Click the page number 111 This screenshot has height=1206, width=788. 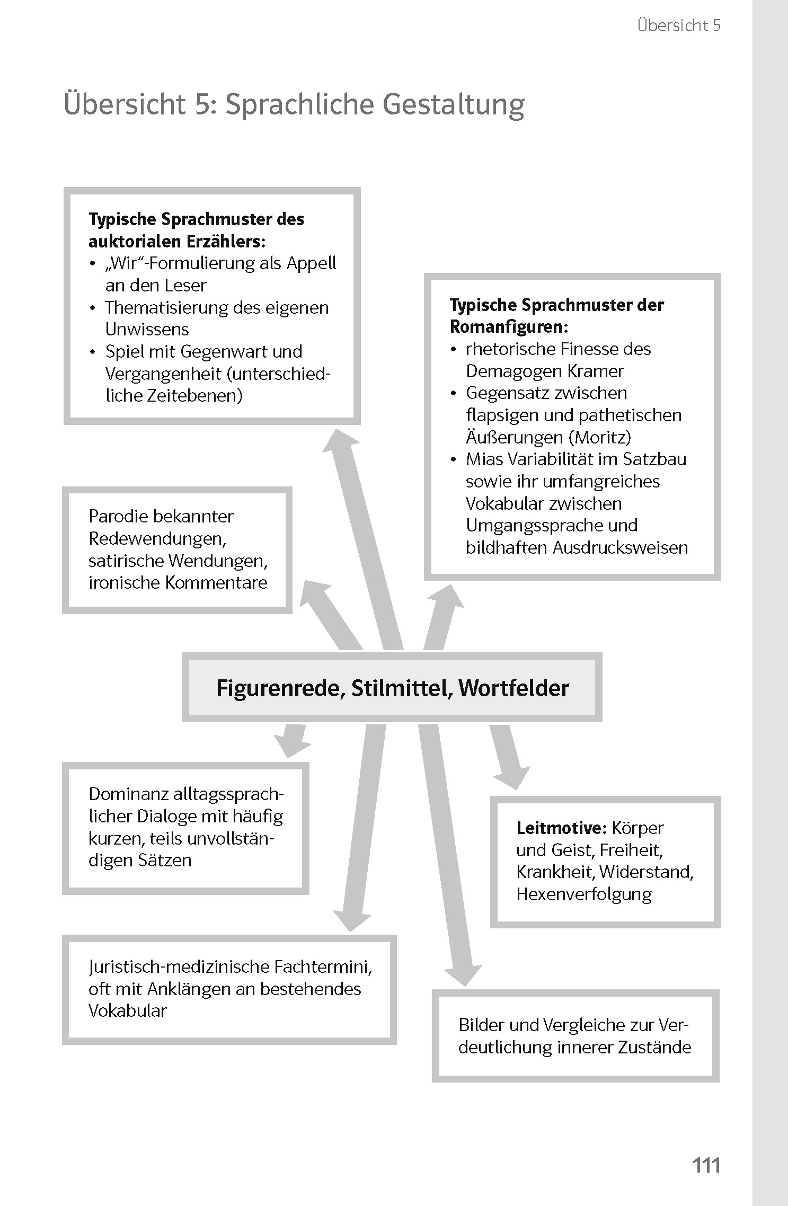tap(706, 1165)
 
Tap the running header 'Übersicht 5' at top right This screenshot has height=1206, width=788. tap(679, 25)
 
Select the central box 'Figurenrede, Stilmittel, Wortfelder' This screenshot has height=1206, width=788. tap(392, 688)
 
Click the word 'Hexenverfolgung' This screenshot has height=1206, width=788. tap(584, 894)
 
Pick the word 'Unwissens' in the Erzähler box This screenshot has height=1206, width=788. tap(147, 329)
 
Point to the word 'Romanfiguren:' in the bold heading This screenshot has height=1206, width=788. tap(509, 327)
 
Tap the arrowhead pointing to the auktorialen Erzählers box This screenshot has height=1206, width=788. tap(339, 442)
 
